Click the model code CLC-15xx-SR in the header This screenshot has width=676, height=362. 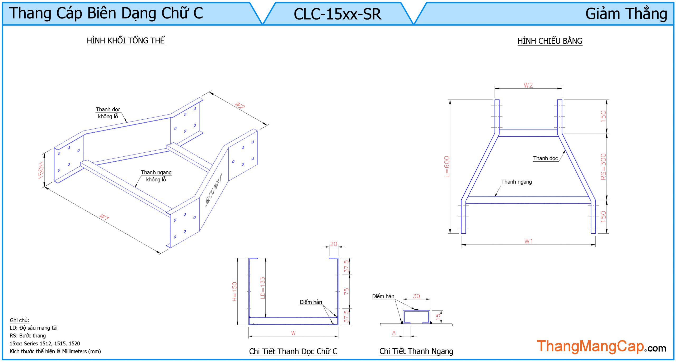pyautogui.click(x=337, y=14)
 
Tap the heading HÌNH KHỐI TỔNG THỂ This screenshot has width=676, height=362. pyautogui.click(x=126, y=41)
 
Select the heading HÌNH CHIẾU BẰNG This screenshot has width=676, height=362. pyautogui.click(x=550, y=41)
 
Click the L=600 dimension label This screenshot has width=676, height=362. pyautogui.click(x=447, y=167)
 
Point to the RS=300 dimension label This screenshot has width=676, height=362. pyautogui.click(x=603, y=167)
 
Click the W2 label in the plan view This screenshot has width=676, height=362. pyautogui.click(x=528, y=85)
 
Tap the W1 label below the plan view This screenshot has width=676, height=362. pyautogui.click(x=528, y=241)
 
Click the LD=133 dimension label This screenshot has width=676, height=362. pyautogui.click(x=262, y=288)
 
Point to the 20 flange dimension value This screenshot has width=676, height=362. pyautogui.click(x=334, y=244)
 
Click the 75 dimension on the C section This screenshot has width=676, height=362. pyautogui.click(x=346, y=291)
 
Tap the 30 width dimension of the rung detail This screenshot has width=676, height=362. pyautogui.click(x=416, y=296)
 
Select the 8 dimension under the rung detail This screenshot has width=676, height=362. pyautogui.click(x=394, y=333)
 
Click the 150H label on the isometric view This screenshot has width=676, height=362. pyautogui.click(x=41, y=171)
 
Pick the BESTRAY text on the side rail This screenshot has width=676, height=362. pyautogui.click(x=214, y=189)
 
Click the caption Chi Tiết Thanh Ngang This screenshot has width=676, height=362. pyautogui.click(x=416, y=351)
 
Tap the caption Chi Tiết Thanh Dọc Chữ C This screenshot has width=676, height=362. pyautogui.click(x=293, y=351)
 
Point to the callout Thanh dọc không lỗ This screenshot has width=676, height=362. pyautogui.click(x=108, y=113)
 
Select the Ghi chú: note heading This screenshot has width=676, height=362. pyautogui.click(x=19, y=320)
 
